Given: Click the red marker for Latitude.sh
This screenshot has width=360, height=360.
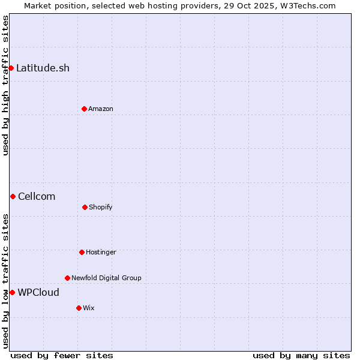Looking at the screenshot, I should pos(11,68).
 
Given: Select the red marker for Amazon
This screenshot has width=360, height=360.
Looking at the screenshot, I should pos(84,109).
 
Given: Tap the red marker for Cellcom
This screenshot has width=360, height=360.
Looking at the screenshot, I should pos(13,196).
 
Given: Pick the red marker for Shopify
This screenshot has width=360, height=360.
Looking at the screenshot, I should pos(85,207).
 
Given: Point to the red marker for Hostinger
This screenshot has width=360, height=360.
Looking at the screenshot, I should pos(82,252).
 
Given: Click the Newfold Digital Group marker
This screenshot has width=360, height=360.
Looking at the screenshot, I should pos(67,278).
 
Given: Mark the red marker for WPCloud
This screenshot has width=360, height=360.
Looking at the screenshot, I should pos(12,292).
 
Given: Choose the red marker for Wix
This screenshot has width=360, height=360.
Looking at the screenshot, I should pos(79,308).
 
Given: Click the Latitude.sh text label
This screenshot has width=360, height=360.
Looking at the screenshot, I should pos(43,68).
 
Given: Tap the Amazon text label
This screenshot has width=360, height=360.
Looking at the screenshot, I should pos(101,109).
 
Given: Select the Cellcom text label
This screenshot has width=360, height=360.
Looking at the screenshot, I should pos(37,196).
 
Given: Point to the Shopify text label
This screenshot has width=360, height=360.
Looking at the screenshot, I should pos(101,207).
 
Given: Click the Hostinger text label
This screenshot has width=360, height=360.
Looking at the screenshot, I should pos(101,252).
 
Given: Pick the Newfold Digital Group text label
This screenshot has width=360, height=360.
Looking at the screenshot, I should pos(106,278).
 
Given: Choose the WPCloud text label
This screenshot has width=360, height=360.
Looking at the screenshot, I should pos(38,292).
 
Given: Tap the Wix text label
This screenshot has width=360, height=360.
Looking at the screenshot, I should pos(89,308).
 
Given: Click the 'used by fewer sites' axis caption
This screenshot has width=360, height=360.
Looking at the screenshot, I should pos(62,355).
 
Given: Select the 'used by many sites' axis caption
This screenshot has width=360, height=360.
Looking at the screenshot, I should pos(301,355).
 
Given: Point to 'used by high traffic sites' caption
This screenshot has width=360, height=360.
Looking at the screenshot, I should pos(5,85).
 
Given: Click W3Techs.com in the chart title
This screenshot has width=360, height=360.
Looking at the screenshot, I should pos(307,5).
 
